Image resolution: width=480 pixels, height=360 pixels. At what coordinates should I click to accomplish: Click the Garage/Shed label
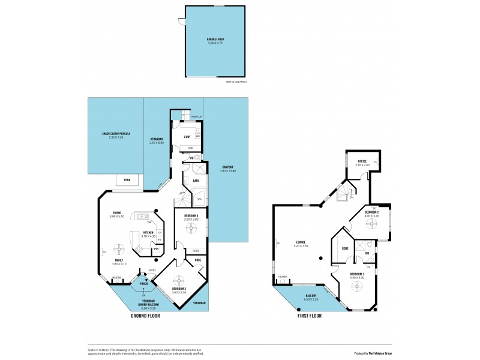pos(215,40)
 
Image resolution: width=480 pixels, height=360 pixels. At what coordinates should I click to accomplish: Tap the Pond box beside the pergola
pos(127,179)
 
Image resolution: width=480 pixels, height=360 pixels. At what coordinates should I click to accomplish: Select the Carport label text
pos(227,168)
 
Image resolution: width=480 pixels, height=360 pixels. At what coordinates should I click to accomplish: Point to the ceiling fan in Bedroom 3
pos(178,280)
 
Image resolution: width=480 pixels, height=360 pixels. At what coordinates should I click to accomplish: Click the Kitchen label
pos(147,232)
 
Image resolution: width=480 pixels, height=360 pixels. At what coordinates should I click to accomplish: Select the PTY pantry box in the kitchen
pos(156,248)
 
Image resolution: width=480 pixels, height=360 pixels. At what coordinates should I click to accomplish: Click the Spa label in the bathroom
pos(199,199)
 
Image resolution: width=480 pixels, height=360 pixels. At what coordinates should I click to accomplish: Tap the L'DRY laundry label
pos(187,137)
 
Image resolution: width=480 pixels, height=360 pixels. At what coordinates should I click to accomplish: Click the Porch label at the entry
pos(143,283)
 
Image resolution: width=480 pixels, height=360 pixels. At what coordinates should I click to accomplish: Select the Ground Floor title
pos(146,314)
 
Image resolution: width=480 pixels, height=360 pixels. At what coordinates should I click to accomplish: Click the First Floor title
pos(310,315)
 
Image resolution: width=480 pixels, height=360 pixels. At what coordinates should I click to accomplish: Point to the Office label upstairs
pos(362,161)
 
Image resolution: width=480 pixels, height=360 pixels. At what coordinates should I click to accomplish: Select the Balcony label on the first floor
pos(311,296)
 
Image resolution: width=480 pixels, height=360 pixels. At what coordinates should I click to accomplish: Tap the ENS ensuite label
pos(367,253)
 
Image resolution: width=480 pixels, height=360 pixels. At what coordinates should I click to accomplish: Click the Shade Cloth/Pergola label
pos(112,133)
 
